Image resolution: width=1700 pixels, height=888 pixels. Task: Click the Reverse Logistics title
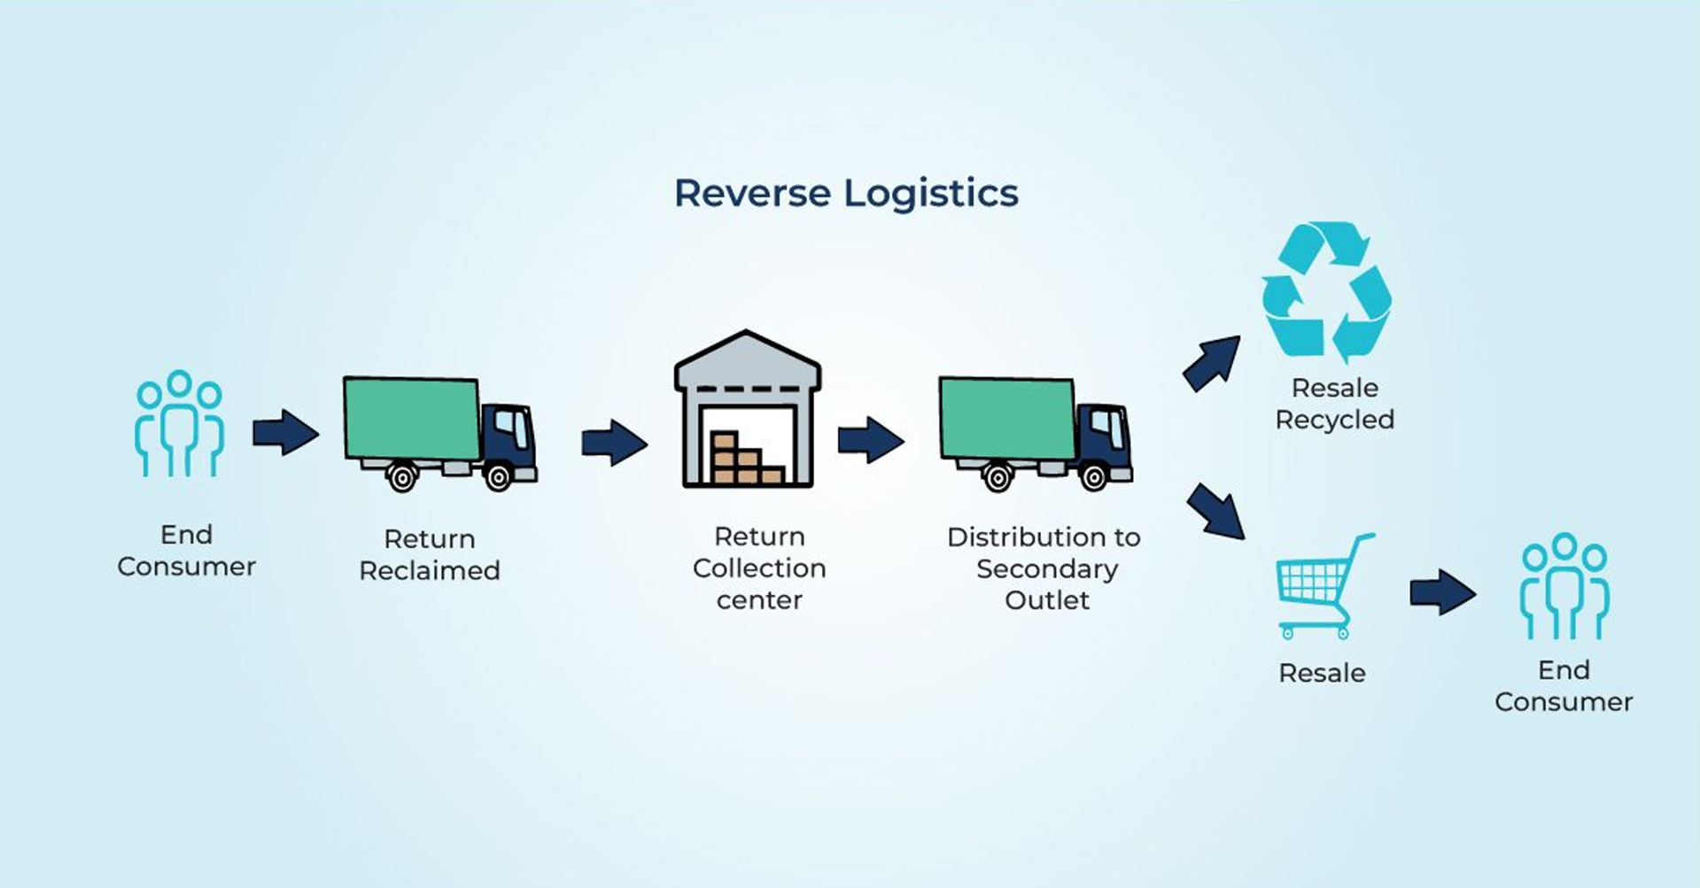846,194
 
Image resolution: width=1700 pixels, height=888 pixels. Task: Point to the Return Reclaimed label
430,554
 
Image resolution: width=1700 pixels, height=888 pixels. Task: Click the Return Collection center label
759,568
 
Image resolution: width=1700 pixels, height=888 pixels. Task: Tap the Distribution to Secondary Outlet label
1044,568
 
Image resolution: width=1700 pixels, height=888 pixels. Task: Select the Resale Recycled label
1335,403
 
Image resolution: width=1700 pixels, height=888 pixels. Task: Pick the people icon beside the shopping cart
1564,586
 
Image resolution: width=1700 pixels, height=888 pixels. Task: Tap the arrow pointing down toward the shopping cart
1215,511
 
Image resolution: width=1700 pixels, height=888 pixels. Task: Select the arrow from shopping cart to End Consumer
1443,592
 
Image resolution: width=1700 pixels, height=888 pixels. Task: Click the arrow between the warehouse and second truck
871,439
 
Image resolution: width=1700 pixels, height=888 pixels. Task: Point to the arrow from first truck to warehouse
615,442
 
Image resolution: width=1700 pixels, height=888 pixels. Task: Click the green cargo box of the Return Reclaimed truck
412,418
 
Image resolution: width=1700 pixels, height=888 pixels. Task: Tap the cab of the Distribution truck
1104,438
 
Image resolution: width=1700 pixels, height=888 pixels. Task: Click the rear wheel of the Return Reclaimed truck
401,478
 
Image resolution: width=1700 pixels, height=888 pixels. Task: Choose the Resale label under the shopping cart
1322,673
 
